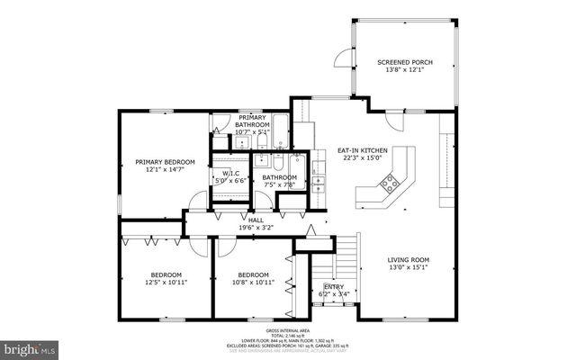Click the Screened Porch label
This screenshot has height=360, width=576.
click(404, 62)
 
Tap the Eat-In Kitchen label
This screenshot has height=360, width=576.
click(362, 149)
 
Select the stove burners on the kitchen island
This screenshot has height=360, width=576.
click(390, 184)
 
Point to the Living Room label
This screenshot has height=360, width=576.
click(408, 259)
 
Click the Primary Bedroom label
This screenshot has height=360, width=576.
click(165, 162)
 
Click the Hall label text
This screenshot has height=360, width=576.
click(256, 220)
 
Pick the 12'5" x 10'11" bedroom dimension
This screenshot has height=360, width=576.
click(166, 283)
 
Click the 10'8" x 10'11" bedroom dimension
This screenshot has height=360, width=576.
click(253, 283)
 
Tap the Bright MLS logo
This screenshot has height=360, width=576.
click(30, 346)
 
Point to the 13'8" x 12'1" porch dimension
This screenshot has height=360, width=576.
click(404, 70)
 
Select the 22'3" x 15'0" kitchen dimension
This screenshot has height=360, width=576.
click(362, 157)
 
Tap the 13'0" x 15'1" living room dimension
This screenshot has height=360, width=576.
click(408, 267)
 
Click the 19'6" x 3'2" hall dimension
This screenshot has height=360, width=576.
click(256, 228)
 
